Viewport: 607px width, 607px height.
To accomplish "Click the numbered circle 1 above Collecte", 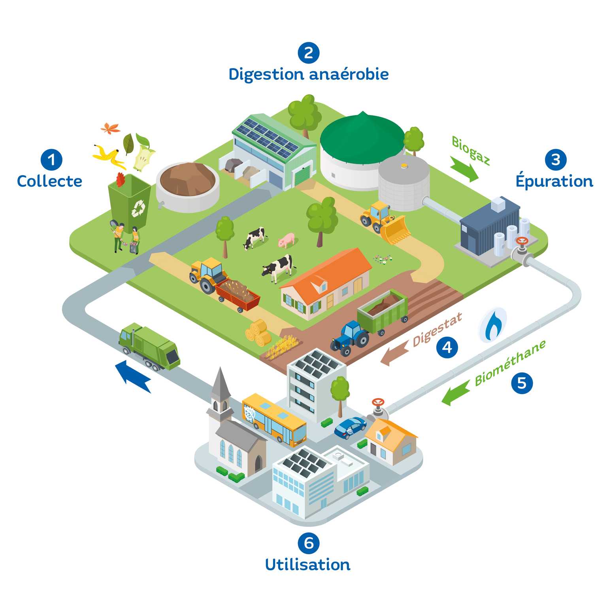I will [51, 160].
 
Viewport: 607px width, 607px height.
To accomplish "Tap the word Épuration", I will [554, 181].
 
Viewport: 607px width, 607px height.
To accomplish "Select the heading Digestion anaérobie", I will [308, 74].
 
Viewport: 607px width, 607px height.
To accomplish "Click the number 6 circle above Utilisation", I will [308, 543].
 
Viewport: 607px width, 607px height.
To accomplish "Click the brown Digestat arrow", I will [394, 351].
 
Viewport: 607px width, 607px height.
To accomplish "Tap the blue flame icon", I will [493, 326].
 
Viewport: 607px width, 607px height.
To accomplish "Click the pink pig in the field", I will [287, 240].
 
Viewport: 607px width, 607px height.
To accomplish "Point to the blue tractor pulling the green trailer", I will [350, 338].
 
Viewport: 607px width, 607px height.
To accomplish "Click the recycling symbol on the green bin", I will [138, 208].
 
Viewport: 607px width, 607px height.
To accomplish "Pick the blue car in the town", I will [351, 427].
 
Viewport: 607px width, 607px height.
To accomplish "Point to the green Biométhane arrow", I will [455, 395].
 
